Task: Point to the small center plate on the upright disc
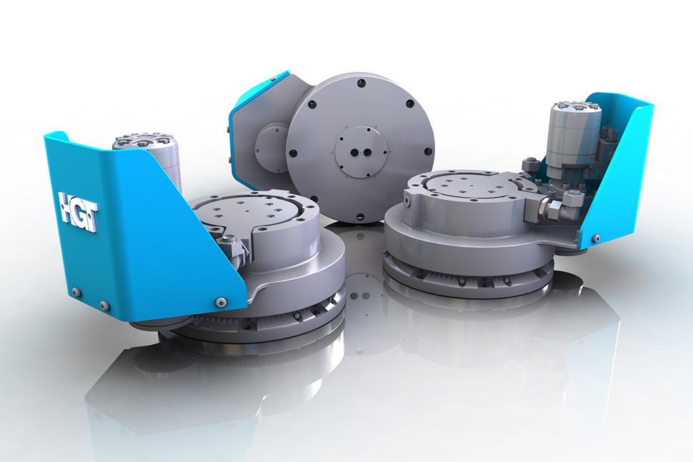(x=362, y=151)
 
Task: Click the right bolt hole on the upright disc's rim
(x=429, y=151)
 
